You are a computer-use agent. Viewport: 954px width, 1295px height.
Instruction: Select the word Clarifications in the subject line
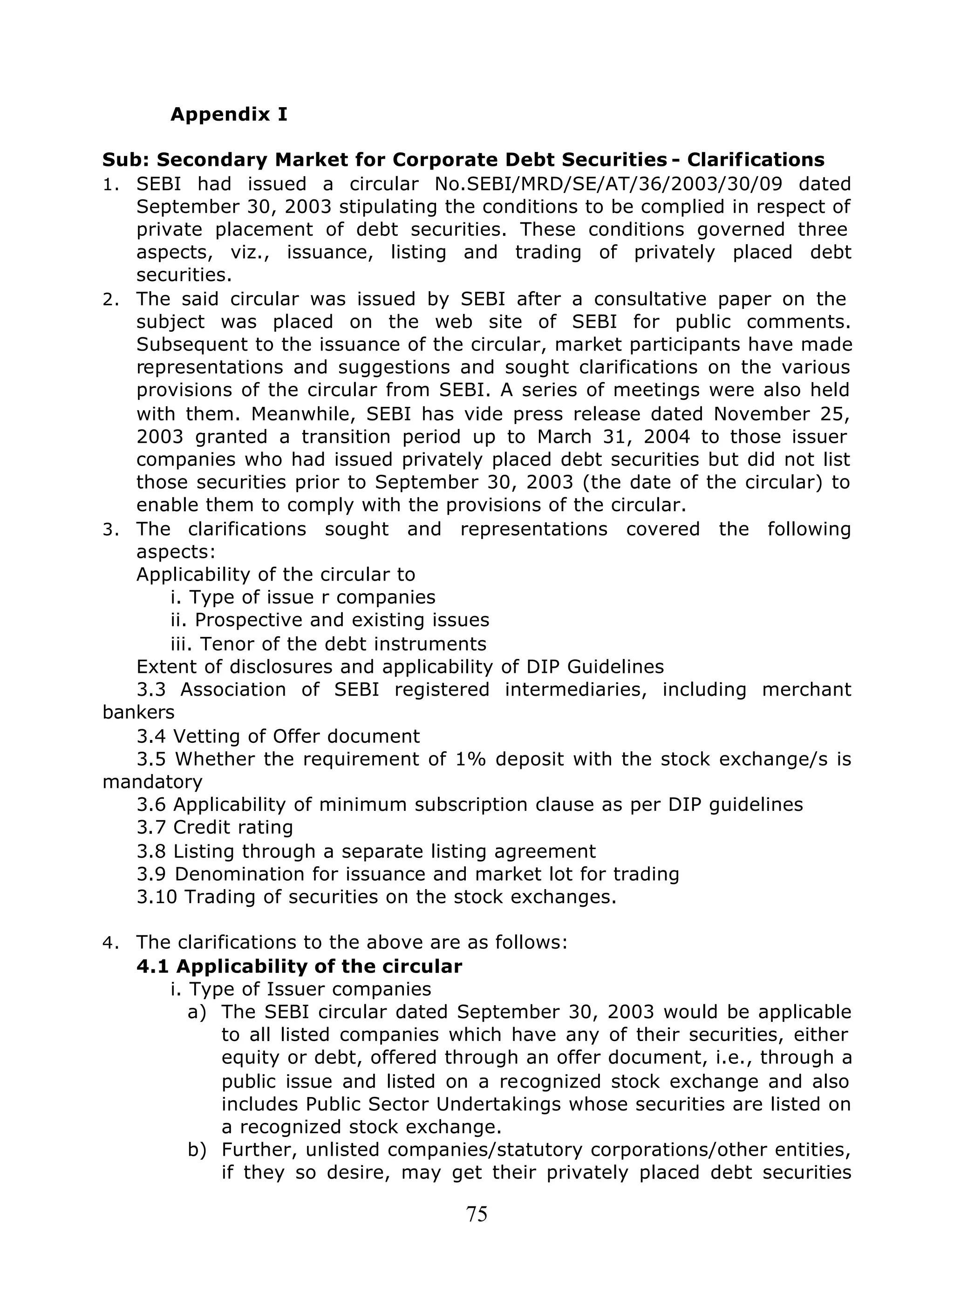(x=756, y=159)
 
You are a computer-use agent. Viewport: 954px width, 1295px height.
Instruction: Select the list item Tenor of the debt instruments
(x=328, y=644)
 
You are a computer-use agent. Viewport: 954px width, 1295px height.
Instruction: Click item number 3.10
(x=157, y=897)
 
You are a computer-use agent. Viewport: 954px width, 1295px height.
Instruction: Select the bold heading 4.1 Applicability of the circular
(x=299, y=966)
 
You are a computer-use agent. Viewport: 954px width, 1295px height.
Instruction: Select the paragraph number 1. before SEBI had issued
(x=110, y=185)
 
